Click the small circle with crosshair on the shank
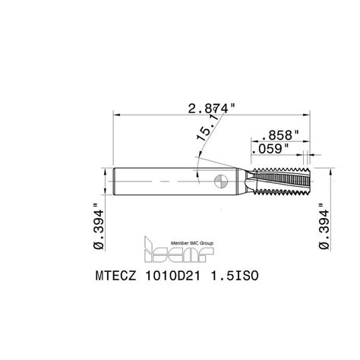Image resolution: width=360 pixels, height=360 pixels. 221,182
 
